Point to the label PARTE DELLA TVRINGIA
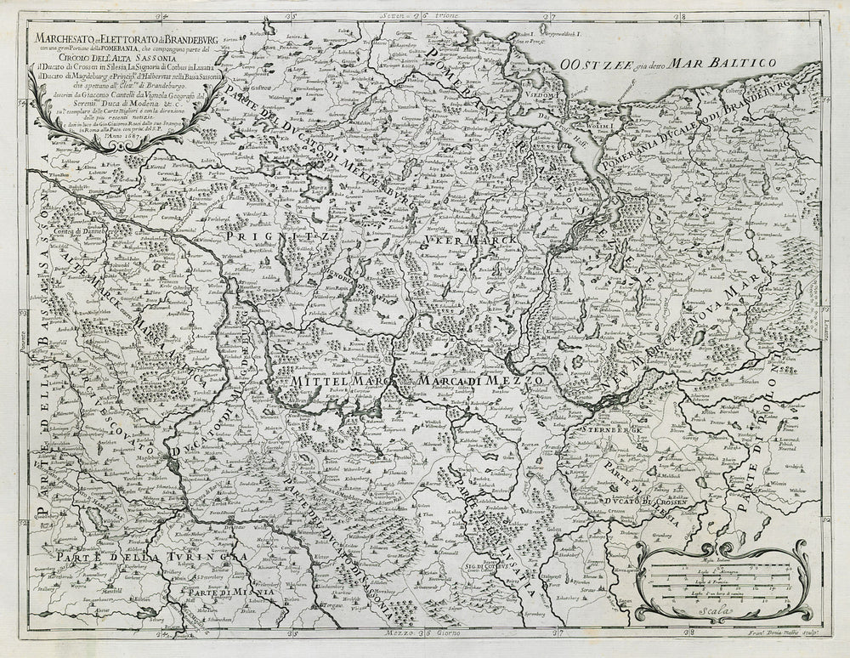point(144,555)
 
